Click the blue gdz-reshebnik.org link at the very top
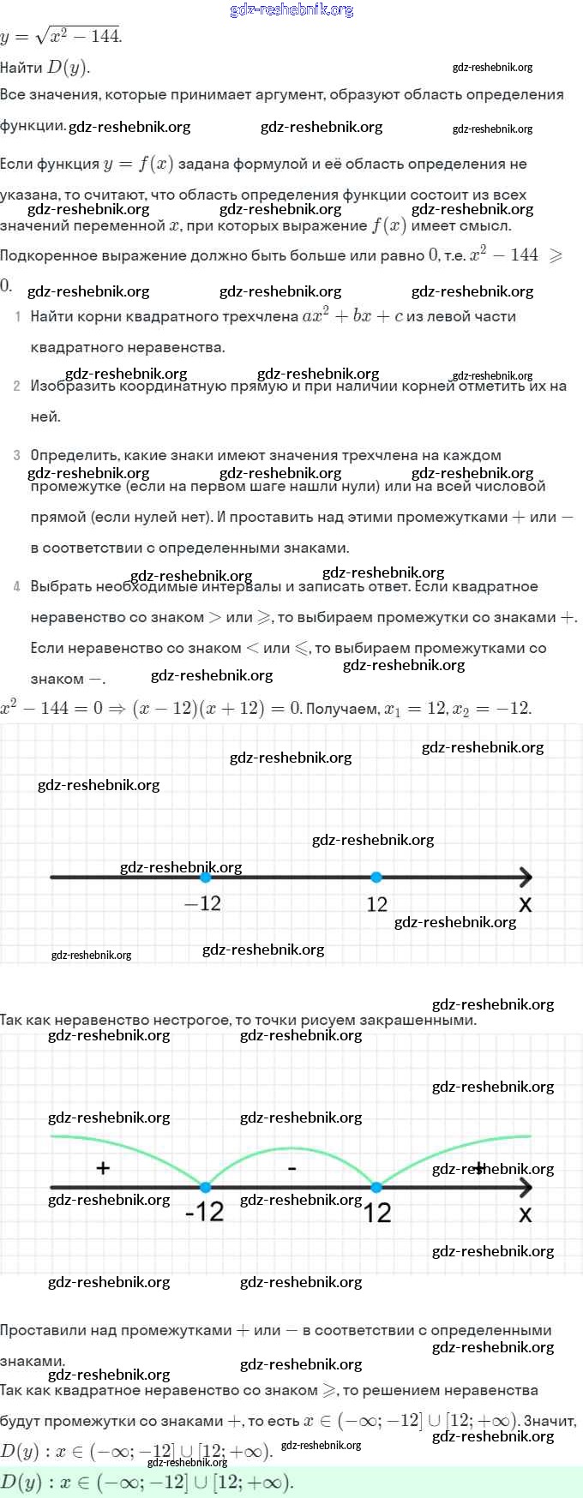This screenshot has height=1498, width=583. tap(291, 9)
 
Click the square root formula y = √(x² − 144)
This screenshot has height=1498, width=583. tap(62, 37)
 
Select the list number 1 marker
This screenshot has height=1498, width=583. tap(17, 317)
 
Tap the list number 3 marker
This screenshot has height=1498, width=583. tap(17, 455)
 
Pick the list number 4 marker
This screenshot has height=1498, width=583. tap(17, 587)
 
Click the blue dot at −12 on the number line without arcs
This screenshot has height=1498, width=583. tap(205, 877)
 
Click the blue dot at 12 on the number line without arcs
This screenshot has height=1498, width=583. tap(376, 877)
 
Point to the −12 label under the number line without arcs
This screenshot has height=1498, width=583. tap(203, 903)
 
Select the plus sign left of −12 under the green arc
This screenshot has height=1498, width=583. tap(103, 1167)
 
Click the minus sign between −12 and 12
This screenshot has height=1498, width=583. tap(291, 1168)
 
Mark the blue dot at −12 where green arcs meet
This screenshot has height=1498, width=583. tap(205, 1187)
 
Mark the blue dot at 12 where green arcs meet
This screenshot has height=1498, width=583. tap(376, 1187)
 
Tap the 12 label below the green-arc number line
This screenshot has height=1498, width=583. tap(377, 1213)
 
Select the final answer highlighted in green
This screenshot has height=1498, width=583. tap(146, 1482)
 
